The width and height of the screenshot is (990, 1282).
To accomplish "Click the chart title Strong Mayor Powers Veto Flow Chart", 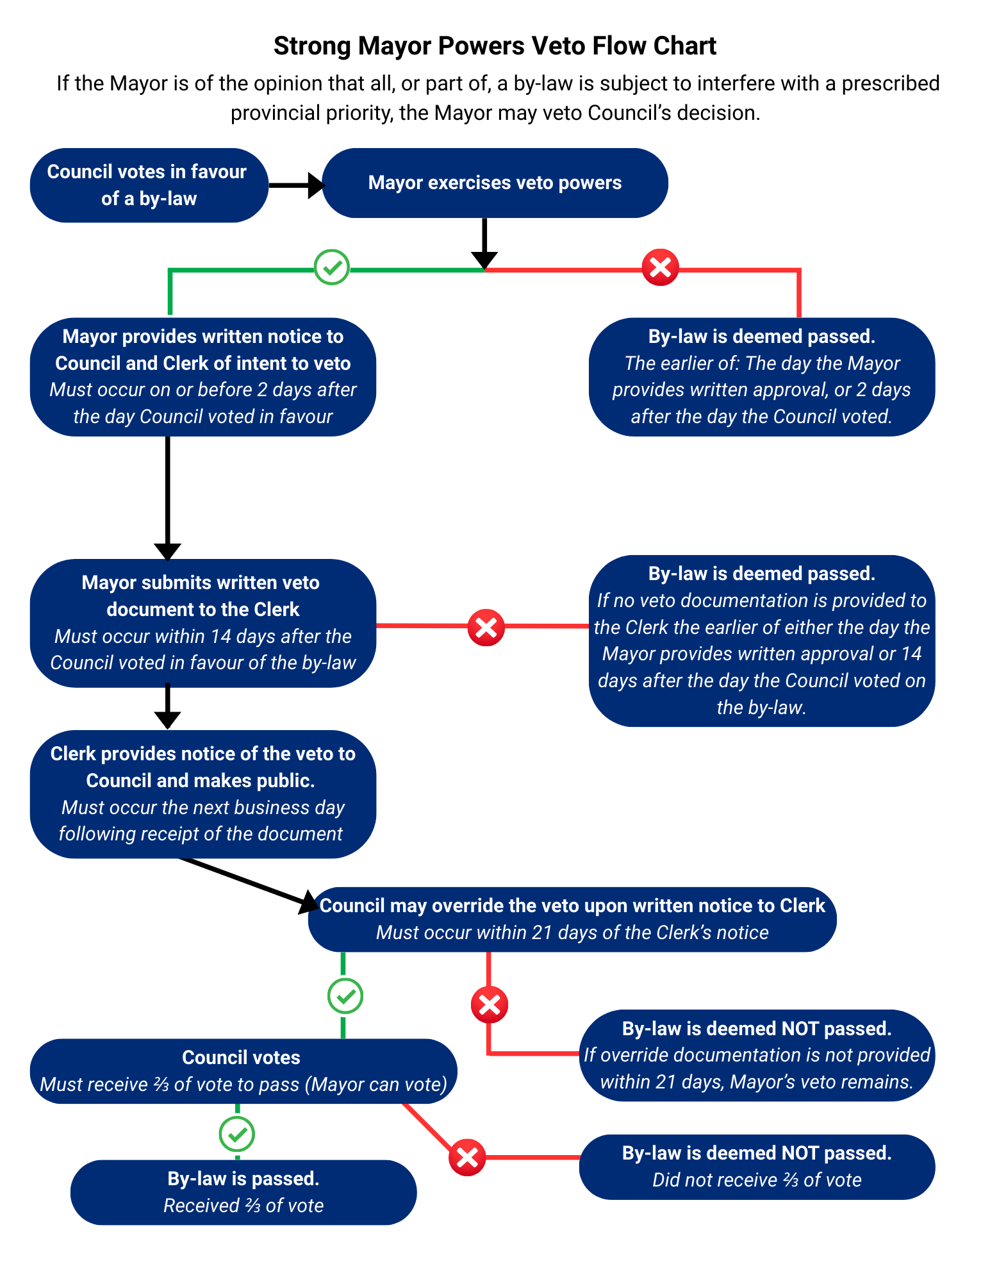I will [495, 46].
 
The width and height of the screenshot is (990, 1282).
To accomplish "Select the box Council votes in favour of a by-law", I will [149, 185].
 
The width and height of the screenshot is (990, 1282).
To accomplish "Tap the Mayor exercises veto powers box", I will [495, 183].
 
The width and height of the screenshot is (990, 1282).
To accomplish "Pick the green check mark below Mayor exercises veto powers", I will [332, 267].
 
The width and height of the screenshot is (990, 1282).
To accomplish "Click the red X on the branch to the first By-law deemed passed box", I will [660, 267].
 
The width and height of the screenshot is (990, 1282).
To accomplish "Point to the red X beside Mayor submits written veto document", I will [486, 627].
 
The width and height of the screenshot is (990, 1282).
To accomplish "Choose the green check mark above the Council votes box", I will [345, 996].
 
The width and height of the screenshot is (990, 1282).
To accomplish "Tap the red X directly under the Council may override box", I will [490, 1004].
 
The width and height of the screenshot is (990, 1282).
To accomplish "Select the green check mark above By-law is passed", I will [237, 1134].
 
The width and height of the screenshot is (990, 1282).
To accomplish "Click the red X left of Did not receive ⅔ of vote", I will [467, 1158].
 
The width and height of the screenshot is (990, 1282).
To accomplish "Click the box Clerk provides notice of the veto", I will [202, 794].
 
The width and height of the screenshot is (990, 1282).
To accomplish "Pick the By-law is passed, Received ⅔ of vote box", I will [243, 1192].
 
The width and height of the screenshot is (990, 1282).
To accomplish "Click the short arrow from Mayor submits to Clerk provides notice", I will [168, 708].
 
